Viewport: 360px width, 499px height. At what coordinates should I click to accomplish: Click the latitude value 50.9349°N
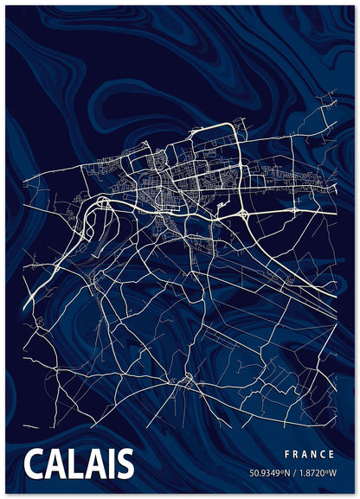(269, 473)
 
